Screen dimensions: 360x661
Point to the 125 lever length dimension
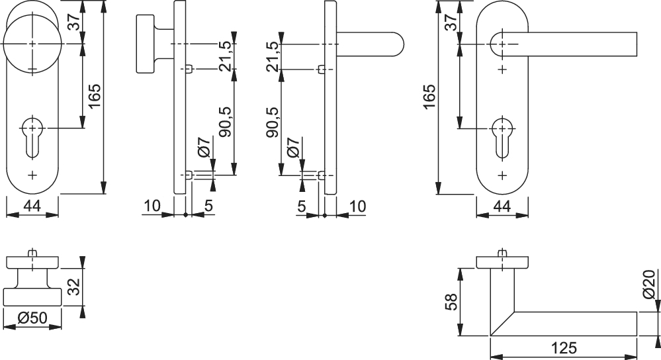click(x=563, y=347)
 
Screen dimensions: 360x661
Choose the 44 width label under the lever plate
click(x=503, y=207)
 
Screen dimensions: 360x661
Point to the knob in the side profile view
click(x=149, y=44)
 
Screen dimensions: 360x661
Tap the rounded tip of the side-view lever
click(x=396, y=44)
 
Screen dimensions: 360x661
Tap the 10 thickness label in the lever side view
click(x=357, y=207)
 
